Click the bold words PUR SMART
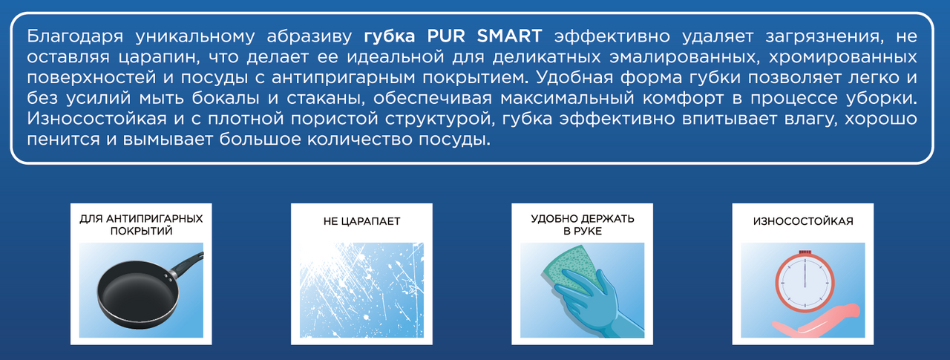[485, 36]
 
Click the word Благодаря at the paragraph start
[75, 37]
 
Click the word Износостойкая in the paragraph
[96, 119]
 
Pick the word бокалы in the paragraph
[225, 99]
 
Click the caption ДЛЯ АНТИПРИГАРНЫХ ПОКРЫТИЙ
[141, 225]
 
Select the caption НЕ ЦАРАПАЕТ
[361, 221]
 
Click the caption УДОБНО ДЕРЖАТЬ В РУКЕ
[583, 225]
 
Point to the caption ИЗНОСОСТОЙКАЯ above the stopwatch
[803, 221]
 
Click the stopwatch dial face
[805, 284]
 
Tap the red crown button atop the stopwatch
[805, 252]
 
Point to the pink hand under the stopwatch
[816, 322]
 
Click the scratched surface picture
[361, 290]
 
